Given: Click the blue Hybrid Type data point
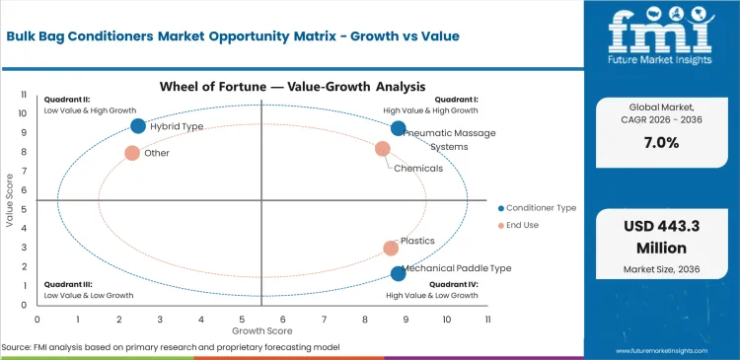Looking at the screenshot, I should click(138, 126).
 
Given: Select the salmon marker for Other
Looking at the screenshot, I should click(132, 153).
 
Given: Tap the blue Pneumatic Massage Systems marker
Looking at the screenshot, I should click(399, 128).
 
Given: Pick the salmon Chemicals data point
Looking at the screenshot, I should click(383, 149).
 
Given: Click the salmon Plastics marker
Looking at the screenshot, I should click(391, 249).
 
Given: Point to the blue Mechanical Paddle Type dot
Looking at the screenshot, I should click(399, 274).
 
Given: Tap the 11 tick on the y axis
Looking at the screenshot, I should click(24, 96).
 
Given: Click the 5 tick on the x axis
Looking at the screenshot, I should click(242, 321).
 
